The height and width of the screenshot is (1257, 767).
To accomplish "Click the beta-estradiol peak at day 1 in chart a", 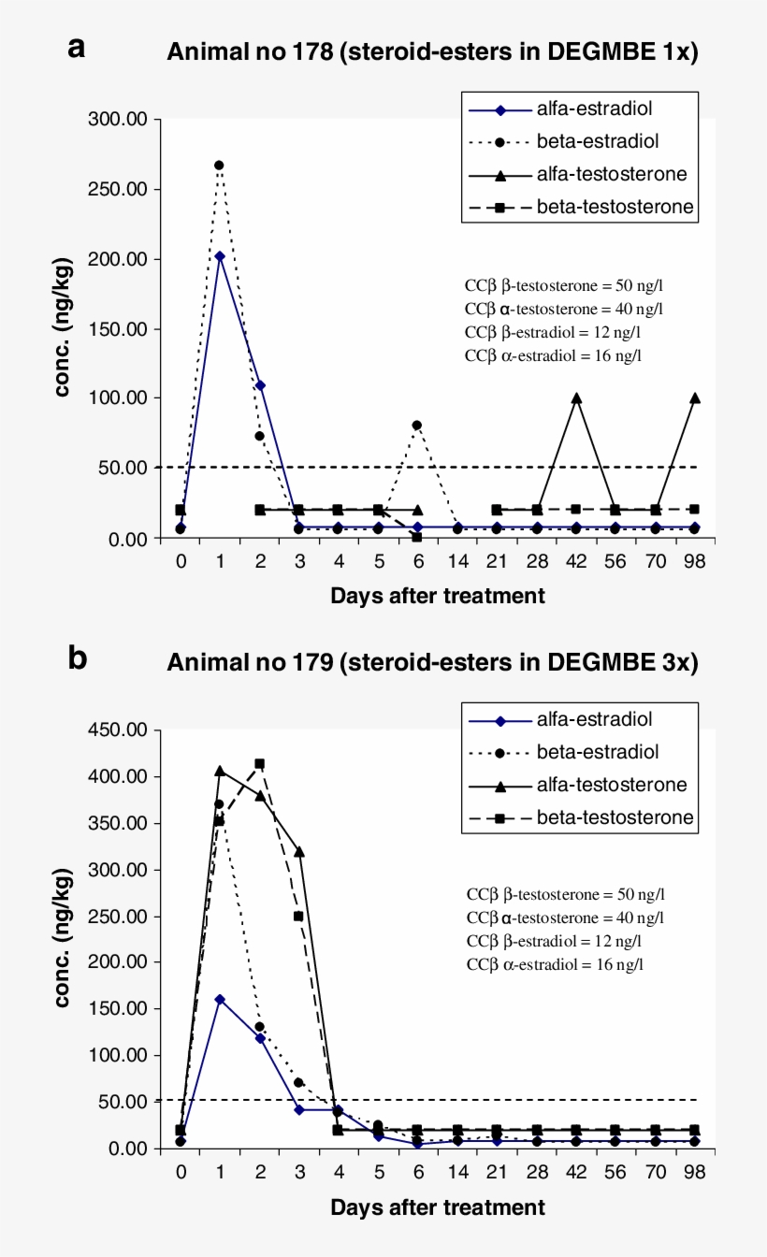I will [219, 165].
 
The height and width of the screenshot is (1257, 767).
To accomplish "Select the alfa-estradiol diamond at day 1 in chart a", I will [219, 255].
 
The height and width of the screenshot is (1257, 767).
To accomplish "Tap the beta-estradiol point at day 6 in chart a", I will [417, 425].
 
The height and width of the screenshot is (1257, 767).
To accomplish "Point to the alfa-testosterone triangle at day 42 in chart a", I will [576, 397].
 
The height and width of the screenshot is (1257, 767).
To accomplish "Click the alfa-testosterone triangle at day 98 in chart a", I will [695, 397].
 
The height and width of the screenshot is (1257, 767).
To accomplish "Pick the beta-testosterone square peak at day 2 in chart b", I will [259, 763].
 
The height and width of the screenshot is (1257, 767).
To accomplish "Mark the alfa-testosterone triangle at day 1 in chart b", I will [219, 771].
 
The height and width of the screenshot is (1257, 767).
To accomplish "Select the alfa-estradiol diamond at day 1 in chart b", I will [219, 999].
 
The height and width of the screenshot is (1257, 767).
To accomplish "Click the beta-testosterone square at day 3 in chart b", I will [298, 916].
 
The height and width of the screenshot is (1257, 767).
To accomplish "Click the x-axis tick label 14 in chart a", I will [456, 561].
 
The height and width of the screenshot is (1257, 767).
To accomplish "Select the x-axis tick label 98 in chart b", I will [695, 1172].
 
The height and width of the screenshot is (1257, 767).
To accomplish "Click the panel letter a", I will [77, 48].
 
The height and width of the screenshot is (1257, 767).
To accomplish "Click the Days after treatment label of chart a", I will [437, 596].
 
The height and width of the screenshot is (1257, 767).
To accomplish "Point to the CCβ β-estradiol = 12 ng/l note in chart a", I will [552, 332].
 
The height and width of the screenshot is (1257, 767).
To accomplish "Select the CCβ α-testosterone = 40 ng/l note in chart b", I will [565, 918].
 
